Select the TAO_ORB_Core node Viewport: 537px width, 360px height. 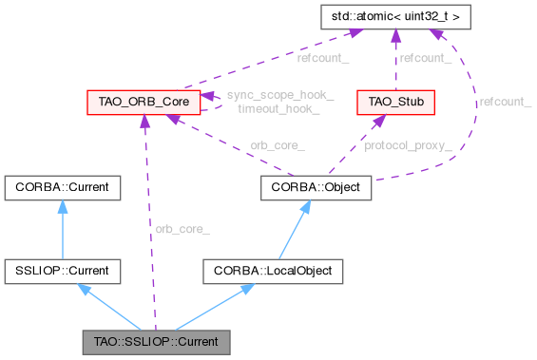click(x=143, y=101)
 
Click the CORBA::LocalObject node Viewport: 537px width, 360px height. click(x=271, y=272)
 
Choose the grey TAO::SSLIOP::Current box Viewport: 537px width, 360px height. click(x=156, y=340)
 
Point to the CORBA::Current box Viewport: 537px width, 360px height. click(x=63, y=187)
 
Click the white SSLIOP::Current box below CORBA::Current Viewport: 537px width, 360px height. click(x=63, y=272)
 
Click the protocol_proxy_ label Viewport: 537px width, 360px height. click(x=410, y=145)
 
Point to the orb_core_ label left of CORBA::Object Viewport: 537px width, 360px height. click(x=277, y=145)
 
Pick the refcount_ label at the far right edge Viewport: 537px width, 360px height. click(x=505, y=101)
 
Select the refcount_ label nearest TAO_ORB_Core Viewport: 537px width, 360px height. click(x=322, y=58)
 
